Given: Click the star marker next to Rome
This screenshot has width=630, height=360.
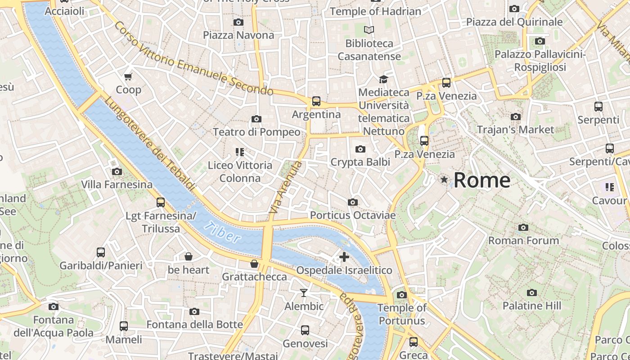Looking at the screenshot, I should tap(445, 180).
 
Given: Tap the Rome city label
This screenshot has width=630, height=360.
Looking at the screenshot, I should tap(481, 180).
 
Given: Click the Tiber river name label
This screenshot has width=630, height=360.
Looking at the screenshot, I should tap(222, 232).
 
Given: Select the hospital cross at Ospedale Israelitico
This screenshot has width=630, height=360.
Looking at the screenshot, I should tap(344, 257).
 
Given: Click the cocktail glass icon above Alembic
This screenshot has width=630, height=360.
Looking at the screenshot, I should tap(304, 293).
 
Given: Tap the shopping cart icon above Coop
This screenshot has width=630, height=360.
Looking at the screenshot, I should tap(128, 77).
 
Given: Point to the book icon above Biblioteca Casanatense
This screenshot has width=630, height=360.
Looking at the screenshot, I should tap(369, 30).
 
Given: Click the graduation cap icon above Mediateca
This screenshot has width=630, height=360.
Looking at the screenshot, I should tap(383, 79).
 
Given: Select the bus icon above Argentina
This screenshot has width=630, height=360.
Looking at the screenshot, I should tap(316, 101).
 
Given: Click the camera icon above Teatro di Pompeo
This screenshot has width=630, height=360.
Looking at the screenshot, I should tap(256, 119).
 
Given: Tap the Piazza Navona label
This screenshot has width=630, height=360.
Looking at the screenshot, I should tap(238, 35).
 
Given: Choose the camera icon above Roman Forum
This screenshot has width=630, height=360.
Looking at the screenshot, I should tap(523, 227).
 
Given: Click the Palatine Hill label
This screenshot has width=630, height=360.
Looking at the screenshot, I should tap(531, 306).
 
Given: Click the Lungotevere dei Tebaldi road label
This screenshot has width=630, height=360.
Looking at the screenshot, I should tap(151, 144).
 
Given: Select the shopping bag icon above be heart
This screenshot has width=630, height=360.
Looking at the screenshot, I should tap(189, 256).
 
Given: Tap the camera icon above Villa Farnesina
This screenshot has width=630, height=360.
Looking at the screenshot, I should tap(117, 171).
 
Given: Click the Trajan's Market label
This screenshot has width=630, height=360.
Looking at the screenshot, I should tap(515, 130).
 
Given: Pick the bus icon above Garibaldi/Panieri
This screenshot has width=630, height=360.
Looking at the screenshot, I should tap(101, 252).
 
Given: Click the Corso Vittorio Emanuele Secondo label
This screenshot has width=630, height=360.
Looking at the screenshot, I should tap(193, 58).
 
